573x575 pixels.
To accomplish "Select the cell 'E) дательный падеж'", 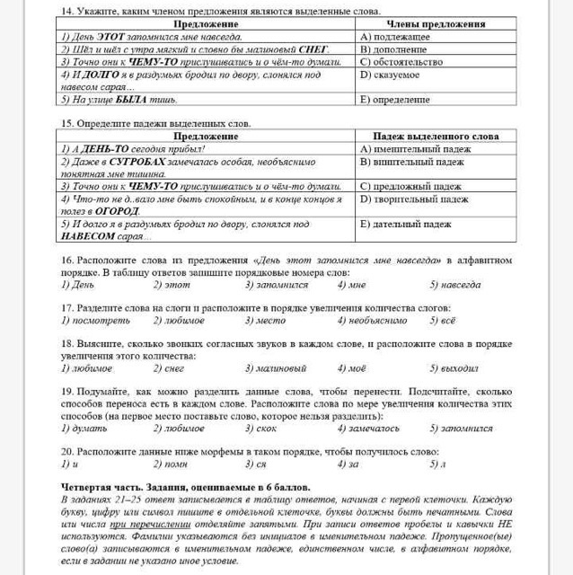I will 405,224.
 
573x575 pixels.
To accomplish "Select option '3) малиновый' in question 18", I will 276,367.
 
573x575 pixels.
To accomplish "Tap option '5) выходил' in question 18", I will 454,367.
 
